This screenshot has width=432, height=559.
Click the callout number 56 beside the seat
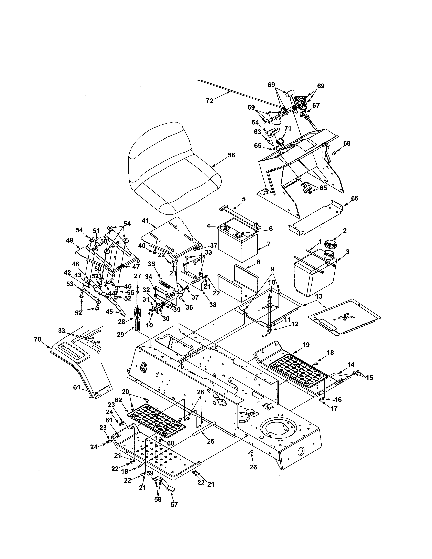click(x=231, y=155)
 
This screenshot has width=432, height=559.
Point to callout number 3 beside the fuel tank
click(x=347, y=252)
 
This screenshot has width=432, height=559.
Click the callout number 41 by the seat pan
click(x=145, y=220)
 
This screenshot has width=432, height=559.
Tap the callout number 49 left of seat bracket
click(x=70, y=240)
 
